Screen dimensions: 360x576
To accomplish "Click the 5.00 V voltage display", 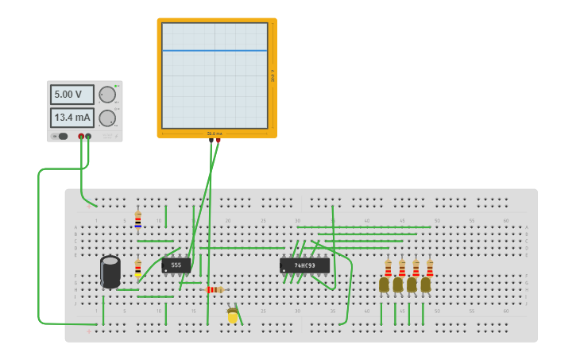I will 72,95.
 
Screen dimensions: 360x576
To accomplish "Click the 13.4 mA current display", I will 72,118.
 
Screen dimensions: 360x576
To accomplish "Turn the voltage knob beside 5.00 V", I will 106,95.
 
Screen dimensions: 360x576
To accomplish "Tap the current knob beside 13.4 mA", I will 106,118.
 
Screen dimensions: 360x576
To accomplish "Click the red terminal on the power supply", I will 81,137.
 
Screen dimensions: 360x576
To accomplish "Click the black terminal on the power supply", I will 88,137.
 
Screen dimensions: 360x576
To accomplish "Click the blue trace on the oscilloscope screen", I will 215,51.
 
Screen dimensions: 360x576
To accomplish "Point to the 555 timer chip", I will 176,265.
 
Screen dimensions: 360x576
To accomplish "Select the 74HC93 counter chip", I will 304,265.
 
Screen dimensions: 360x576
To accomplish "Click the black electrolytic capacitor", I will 110,271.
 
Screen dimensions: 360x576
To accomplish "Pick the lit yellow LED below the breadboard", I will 233,316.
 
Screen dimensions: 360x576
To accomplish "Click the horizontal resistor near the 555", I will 215,290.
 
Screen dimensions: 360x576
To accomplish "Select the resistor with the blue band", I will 137,219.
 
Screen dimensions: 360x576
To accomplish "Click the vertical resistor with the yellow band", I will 137,268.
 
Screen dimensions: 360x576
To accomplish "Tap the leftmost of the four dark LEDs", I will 385,285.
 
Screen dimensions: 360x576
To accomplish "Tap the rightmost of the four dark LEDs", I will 426,285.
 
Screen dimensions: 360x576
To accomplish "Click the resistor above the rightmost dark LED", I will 430,268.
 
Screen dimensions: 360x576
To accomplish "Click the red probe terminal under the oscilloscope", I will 218,141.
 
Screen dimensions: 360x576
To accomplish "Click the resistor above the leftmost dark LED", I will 388,268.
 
